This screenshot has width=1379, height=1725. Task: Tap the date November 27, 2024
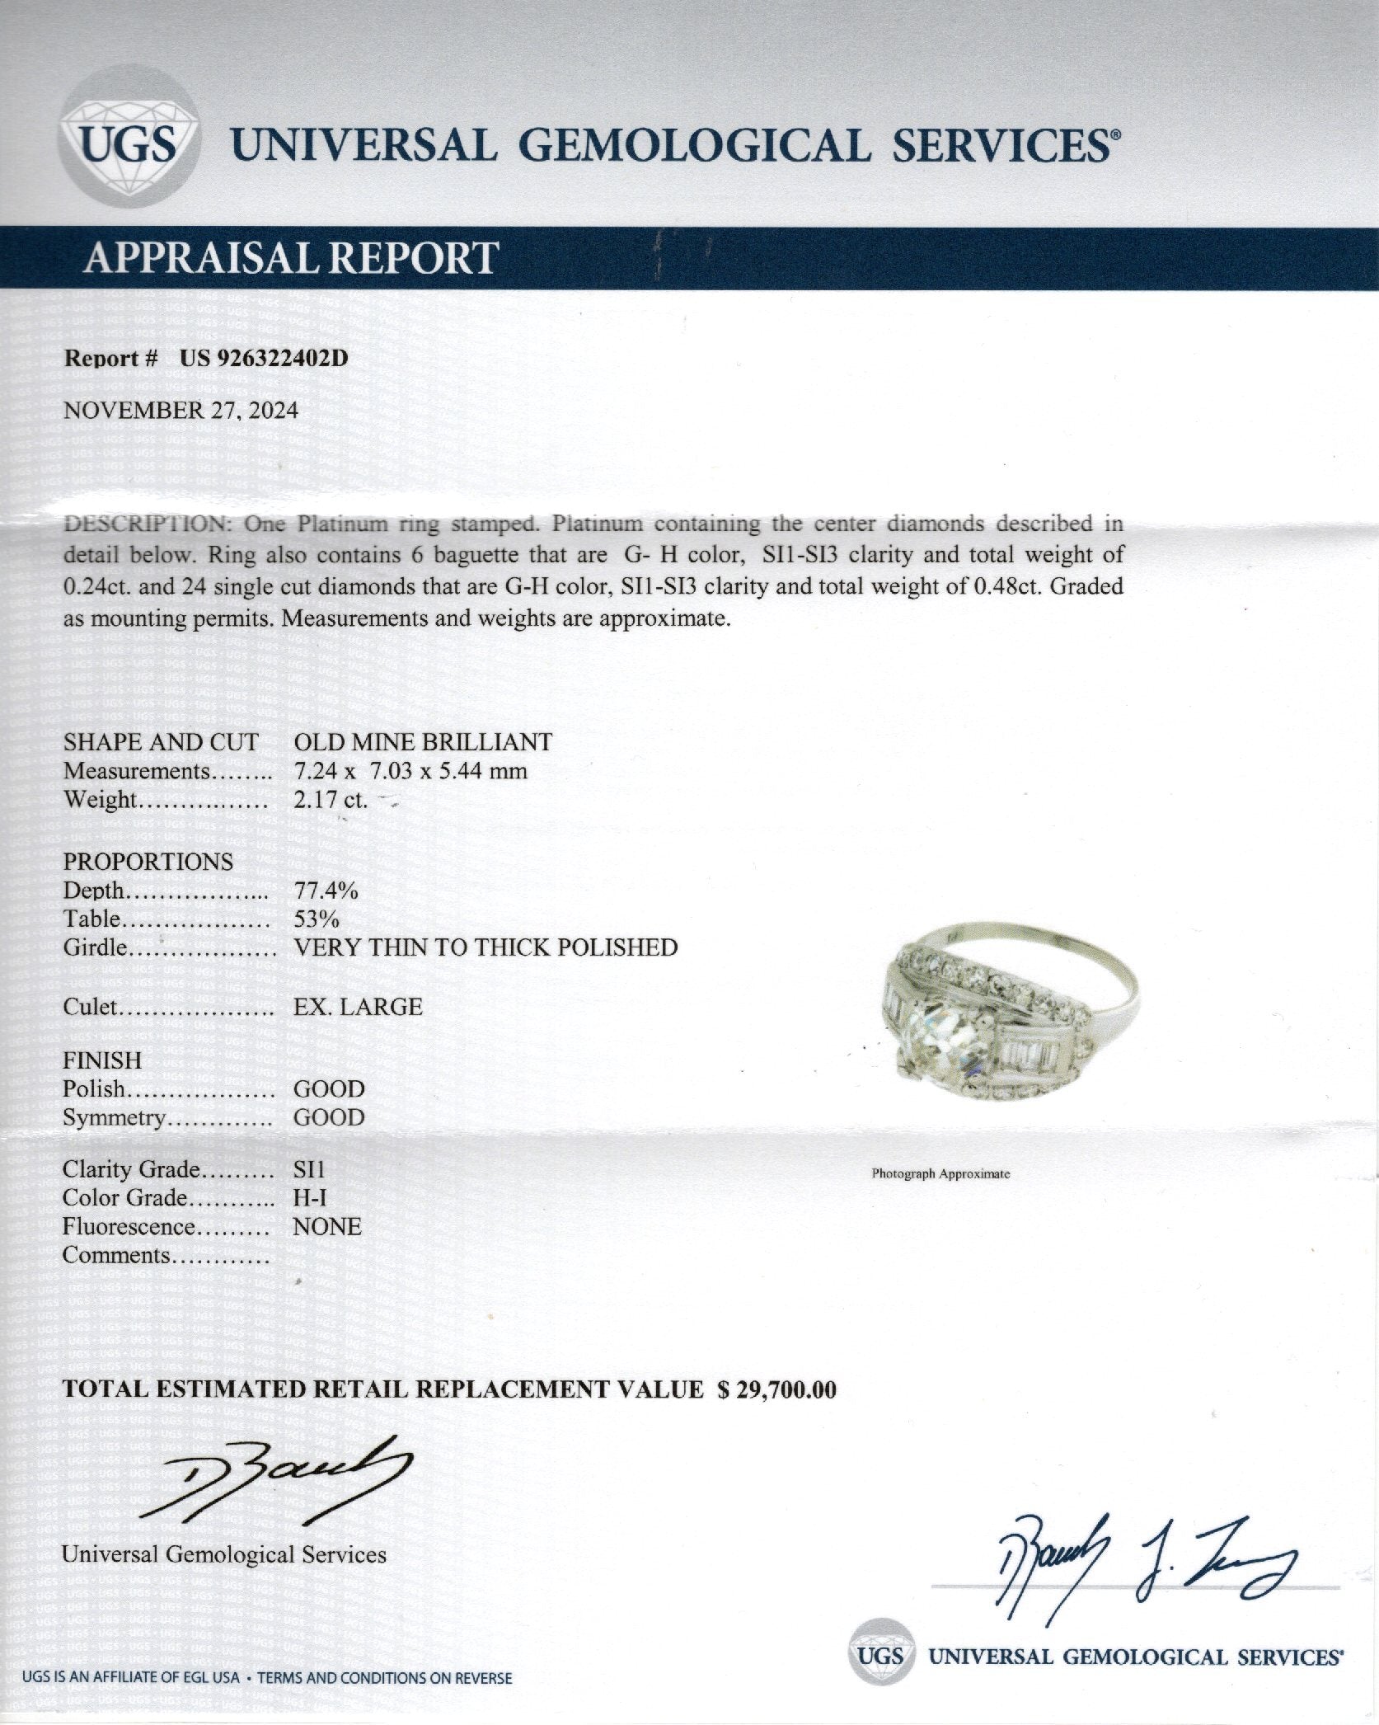pyautogui.click(x=181, y=411)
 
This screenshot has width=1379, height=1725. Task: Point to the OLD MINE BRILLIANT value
pyautogui.click(x=423, y=742)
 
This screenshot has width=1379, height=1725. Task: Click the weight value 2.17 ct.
pyautogui.click(x=331, y=800)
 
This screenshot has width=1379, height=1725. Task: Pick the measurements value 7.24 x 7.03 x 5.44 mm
pyautogui.click(x=410, y=771)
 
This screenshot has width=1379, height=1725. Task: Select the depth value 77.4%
pyautogui.click(x=326, y=891)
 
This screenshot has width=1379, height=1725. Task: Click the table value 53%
pyautogui.click(x=317, y=919)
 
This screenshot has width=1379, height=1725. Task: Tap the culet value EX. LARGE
pyautogui.click(x=358, y=1007)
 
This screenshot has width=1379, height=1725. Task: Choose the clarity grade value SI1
pyautogui.click(x=309, y=1169)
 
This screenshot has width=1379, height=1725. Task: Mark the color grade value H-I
pyautogui.click(x=310, y=1198)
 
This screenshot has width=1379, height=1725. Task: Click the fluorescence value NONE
pyautogui.click(x=327, y=1227)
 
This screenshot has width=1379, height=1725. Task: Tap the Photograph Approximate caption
pyautogui.click(x=940, y=1173)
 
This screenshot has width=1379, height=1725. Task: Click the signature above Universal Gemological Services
pyautogui.click(x=272, y=1480)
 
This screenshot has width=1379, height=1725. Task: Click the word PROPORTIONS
pyautogui.click(x=148, y=862)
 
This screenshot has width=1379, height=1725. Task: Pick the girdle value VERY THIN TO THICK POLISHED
pyautogui.click(x=485, y=948)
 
